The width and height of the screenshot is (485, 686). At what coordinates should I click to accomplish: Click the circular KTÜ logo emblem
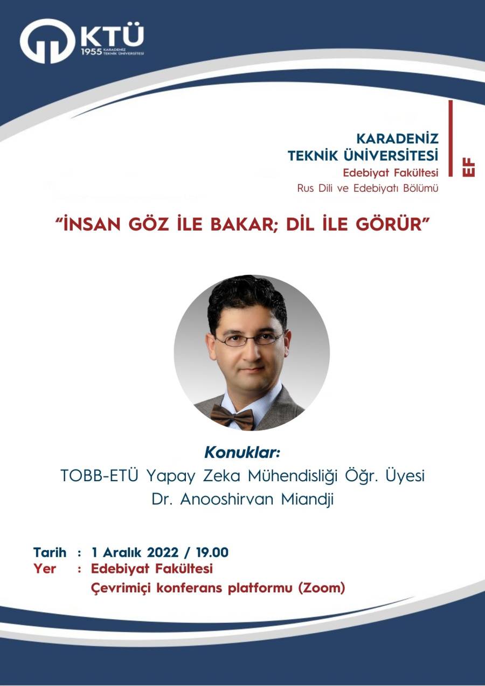click(x=47, y=41)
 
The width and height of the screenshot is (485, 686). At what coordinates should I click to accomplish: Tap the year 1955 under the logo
click(x=91, y=52)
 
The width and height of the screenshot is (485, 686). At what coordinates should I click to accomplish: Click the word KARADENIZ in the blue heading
click(x=398, y=139)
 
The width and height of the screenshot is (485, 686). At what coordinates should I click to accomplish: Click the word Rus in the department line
click(x=305, y=189)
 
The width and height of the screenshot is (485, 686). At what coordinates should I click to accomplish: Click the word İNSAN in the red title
click(x=91, y=225)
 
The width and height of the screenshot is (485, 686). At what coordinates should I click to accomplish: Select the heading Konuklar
click(x=242, y=453)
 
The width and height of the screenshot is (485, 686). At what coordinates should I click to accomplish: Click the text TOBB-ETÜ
click(x=100, y=476)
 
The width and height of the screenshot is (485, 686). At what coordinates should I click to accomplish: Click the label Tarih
click(x=50, y=552)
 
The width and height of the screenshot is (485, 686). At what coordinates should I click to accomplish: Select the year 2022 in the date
click(x=163, y=552)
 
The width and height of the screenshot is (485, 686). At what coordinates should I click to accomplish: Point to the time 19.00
click(x=212, y=552)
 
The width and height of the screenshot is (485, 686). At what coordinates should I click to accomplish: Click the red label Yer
click(x=45, y=569)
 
